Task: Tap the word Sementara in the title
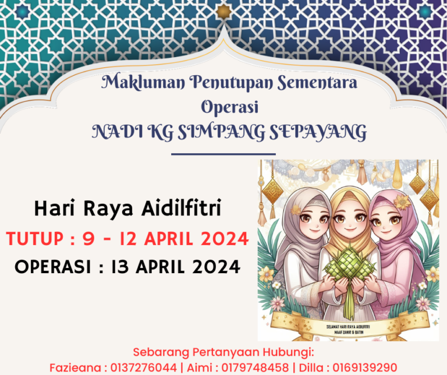click(317, 82)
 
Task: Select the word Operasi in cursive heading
click(230, 107)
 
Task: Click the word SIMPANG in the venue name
click(222, 132)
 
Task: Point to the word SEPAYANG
click(318, 132)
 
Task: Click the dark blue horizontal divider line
click(223, 154)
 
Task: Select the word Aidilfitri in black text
click(182, 208)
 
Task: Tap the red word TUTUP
click(34, 238)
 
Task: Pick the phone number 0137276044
click(143, 367)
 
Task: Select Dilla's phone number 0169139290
click(364, 367)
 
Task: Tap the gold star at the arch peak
click(223, 12)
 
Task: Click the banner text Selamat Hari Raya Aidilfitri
click(348, 327)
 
